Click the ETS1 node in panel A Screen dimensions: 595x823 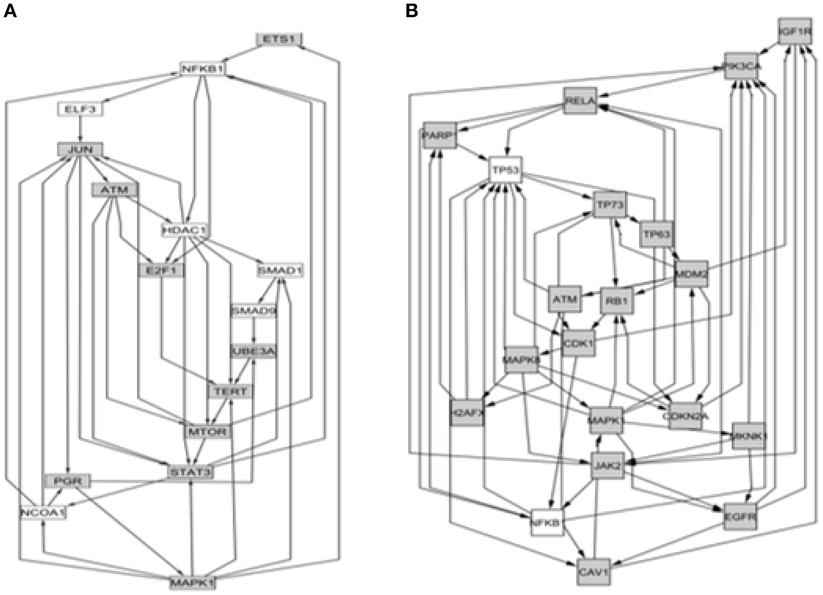click(x=279, y=39)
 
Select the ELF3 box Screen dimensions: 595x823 click(x=80, y=109)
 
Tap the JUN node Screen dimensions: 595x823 click(x=80, y=150)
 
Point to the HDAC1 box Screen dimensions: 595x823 click(x=184, y=231)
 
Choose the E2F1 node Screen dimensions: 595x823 click(x=162, y=271)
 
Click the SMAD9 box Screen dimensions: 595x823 click(x=254, y=311)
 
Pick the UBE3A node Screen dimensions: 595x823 click(x=254, y=351)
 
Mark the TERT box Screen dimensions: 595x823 click(x=230, y=391)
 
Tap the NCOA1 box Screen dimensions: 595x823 click(x=42, y=513)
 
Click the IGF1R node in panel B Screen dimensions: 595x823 click(x=794, y=32)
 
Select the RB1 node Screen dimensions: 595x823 click(x=617, y=300)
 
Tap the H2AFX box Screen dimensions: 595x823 click(x=467, y=412)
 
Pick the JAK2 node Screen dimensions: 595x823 click(x=607, y=467)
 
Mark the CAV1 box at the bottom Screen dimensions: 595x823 click(x=593, y=570)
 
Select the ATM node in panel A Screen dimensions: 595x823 click(x=115, y=190)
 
